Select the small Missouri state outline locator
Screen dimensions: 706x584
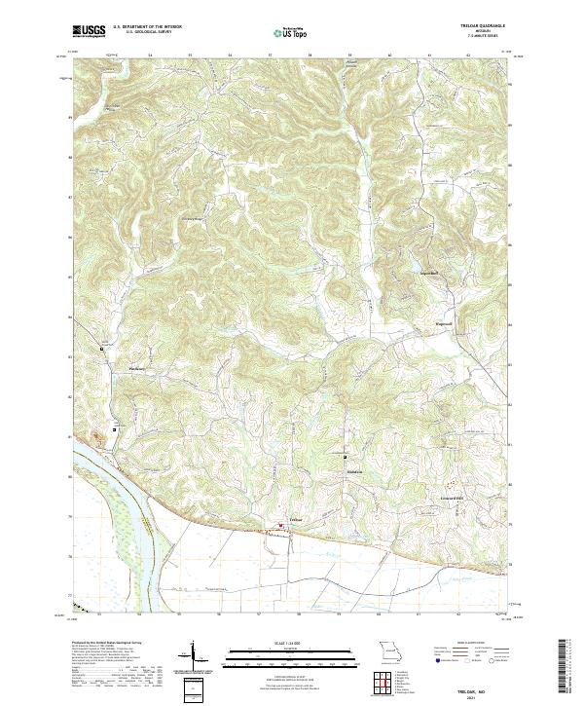coord(389,652)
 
